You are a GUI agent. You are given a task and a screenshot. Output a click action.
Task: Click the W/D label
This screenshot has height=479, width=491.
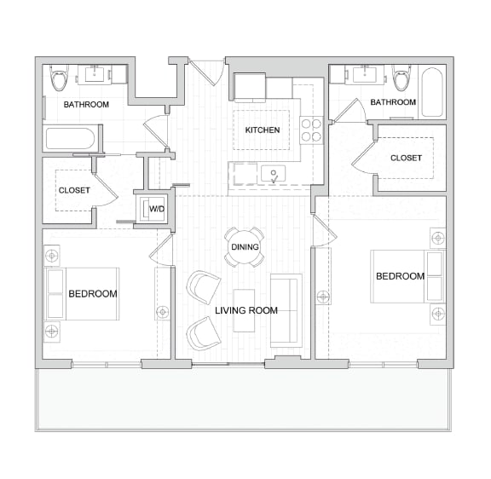(157, 209)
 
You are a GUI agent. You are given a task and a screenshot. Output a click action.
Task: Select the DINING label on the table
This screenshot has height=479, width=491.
(245, 247)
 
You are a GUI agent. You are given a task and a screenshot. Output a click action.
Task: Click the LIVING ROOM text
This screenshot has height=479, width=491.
(246, 310)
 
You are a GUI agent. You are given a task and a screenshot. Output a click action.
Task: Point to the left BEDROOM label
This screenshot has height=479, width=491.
(93, 293)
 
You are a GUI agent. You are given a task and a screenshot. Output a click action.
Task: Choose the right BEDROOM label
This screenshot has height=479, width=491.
(400, 276)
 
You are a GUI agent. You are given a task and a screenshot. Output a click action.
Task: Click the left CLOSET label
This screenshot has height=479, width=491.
(74, 191)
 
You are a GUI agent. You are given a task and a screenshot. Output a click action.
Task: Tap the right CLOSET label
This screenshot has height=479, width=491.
(406, 158)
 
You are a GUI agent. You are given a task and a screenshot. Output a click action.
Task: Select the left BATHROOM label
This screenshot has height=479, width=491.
(87, 105)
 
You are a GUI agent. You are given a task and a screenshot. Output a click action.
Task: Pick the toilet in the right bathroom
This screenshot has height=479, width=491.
(402, 78)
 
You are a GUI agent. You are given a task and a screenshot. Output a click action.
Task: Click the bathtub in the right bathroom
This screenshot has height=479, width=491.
(432, 91)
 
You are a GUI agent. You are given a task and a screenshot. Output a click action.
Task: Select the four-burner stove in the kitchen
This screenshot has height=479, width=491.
(312, 129)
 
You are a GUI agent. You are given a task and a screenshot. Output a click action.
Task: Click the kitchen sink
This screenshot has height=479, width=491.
(274, 174)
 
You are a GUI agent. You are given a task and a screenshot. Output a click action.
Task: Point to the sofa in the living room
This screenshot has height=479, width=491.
(286, 310)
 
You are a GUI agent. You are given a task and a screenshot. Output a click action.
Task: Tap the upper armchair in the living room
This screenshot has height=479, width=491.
(204, 286)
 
